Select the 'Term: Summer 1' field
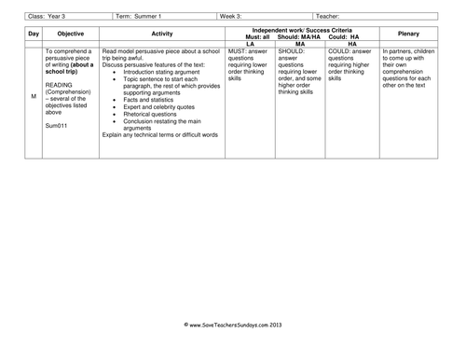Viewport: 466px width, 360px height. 139,16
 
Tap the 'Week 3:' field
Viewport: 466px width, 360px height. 234,16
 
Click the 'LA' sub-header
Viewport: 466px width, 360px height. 250,44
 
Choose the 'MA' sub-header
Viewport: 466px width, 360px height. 299,44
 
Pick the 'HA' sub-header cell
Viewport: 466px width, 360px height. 351,44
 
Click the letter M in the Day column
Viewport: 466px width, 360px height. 34,97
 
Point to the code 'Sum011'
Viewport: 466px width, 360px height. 56,124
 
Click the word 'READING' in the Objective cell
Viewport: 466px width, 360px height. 59,83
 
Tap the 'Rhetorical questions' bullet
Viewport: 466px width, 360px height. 156,117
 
